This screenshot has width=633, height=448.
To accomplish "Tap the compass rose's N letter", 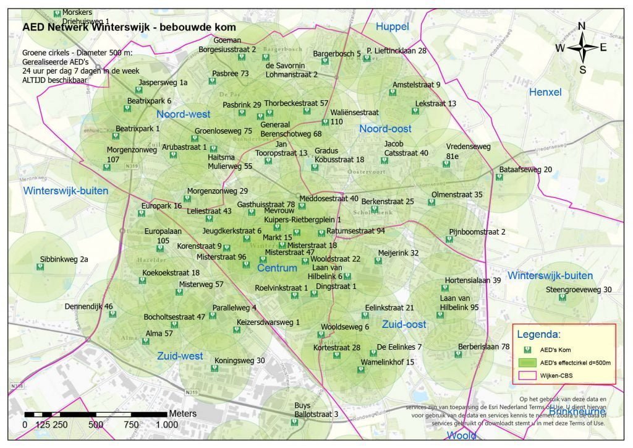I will (582, 26).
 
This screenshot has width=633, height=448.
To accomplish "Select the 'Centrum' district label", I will (277, 268).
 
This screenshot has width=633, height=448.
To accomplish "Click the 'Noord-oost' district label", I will (385, 129).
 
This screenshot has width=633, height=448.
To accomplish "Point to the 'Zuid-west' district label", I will (180, 356).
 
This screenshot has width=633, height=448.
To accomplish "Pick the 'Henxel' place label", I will (545, 92).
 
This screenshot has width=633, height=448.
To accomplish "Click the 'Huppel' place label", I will (393, 27).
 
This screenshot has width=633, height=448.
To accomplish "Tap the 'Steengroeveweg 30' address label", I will (579, 290).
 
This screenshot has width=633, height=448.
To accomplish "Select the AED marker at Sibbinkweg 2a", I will (40, 268).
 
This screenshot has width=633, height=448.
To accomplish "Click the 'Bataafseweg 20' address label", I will (526, 170).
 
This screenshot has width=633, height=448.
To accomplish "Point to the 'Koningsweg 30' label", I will (240, 361).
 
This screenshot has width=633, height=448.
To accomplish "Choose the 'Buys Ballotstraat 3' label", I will (316, 410).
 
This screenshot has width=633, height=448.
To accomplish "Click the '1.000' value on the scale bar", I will (166, 424).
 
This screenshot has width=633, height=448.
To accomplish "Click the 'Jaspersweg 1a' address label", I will (163, 82).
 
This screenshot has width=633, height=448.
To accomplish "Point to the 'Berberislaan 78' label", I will (483, 347).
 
